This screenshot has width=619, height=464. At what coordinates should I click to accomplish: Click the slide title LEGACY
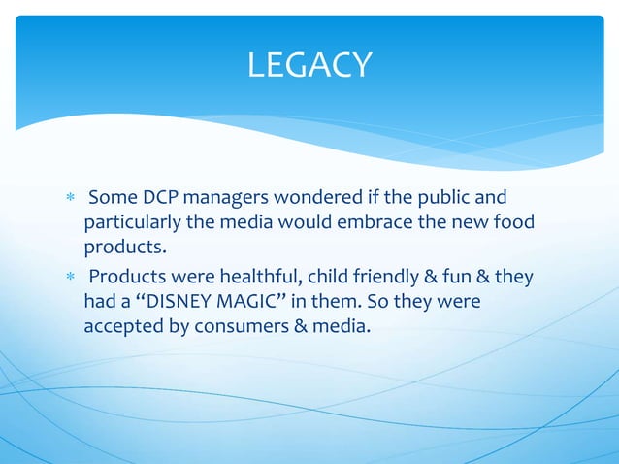coord(309,65)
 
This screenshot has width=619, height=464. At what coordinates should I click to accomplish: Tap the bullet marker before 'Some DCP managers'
coord(69,200)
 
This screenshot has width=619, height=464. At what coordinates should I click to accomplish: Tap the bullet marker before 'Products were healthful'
coord(69,278)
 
